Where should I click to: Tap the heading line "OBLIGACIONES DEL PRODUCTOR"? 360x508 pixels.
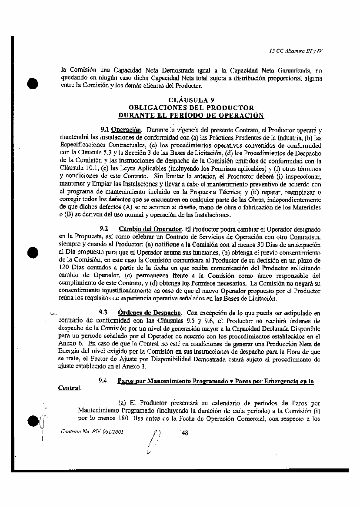pyautogui.click(x=191, y=107)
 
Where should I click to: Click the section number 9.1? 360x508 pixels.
pyautogui.click(x=104, y=129)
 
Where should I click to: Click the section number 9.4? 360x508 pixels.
pyautogui.click(x=103, y=381)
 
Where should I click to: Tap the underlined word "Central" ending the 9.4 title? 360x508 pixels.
pyautogui.click(x=69, y=388)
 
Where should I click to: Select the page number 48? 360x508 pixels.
pyautogui.click(x=184, y=432)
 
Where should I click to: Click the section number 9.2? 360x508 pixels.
pyautogui.click(x=103, y=229)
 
